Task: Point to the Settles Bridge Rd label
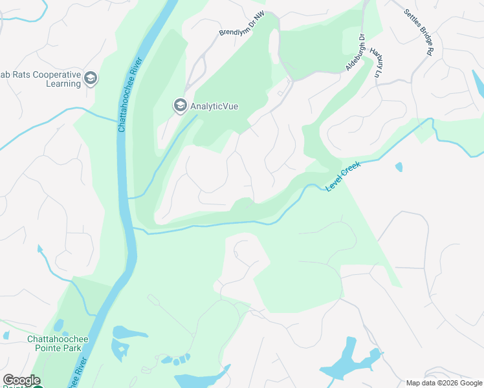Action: (419, 30)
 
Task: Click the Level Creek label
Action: (342, 176)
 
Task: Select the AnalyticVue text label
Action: (214, 106)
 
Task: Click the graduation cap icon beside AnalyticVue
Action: (179, 105)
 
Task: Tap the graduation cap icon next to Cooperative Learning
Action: (91, 79)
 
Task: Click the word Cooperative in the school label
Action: (55, 74)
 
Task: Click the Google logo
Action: (21, 380)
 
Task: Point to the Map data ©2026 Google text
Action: (444, 383)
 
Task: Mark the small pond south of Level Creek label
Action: (398, 167)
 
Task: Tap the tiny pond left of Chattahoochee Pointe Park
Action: (6, 336)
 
